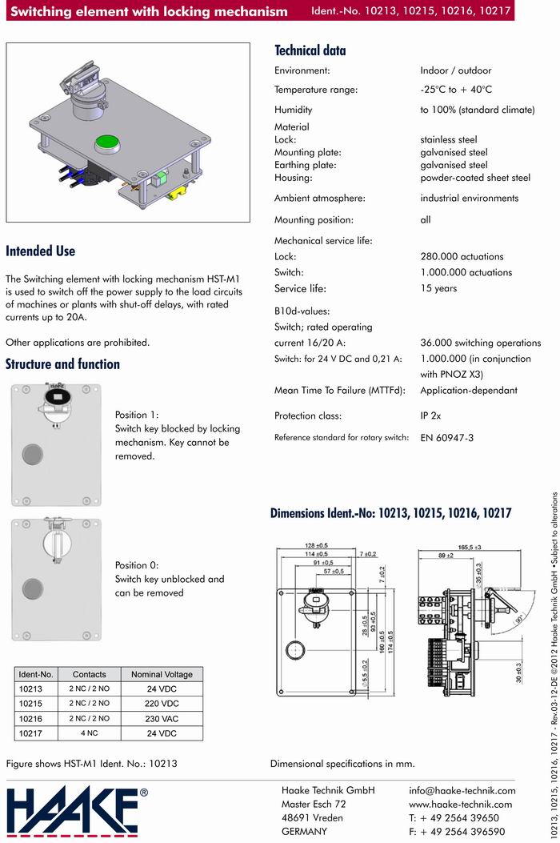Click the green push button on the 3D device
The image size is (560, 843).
click(x=106, y=143)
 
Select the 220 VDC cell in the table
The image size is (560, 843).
click(x=162, y=704)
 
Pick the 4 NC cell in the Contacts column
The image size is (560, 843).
click(x=90, y=733)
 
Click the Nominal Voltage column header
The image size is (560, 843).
click(x=162, y=674)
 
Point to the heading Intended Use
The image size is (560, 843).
click(x=41, y=251)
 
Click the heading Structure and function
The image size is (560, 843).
click(x=62, y=364)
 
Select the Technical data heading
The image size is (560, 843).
click(x=310, y=50)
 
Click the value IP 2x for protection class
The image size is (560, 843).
click(x=430, y=415)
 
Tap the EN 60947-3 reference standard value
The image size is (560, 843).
click(x=447, y=438)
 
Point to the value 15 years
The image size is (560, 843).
click(x=438, y=288)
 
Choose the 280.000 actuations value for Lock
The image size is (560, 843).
click(x=462, y=257)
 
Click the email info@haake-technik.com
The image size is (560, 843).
click(x=462, y=790)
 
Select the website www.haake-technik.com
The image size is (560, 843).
click(x=461, y=804)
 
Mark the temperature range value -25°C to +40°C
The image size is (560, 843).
click(x=456, y=90)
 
